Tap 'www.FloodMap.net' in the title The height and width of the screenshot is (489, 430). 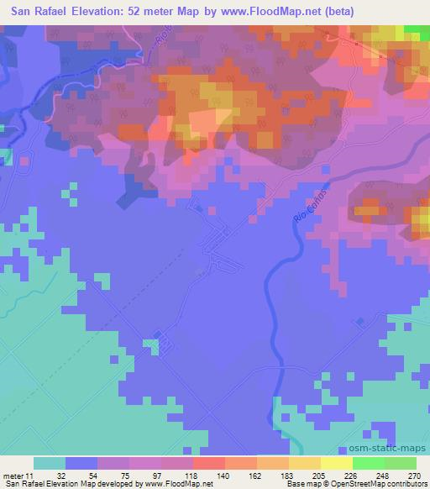pyautogui.click(x=260, y=12)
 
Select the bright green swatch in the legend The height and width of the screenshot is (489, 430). pyautogui.click(x=368, y=463)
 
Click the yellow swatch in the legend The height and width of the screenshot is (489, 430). pyautogui.click(x=336, y=463)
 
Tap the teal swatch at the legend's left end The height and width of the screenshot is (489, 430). pyautogui.click(x=50, y=463)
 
